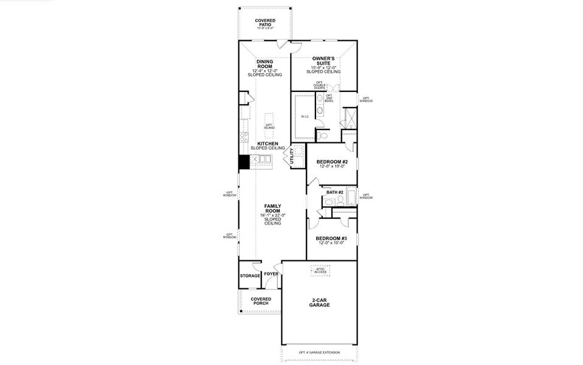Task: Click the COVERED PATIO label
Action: (x=265, y=23)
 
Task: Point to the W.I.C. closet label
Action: (x=305, y=116)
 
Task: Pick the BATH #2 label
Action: (x=335, y=192)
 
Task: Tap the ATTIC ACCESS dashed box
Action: (x=320, y=271)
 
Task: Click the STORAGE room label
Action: (x=249, y=276)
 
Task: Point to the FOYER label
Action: (x=271, y=274)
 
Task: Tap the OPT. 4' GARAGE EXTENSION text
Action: (x=320, y=353)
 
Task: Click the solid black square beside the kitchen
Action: (x=244, y=162)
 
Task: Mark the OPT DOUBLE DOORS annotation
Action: (x=319, y=86)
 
